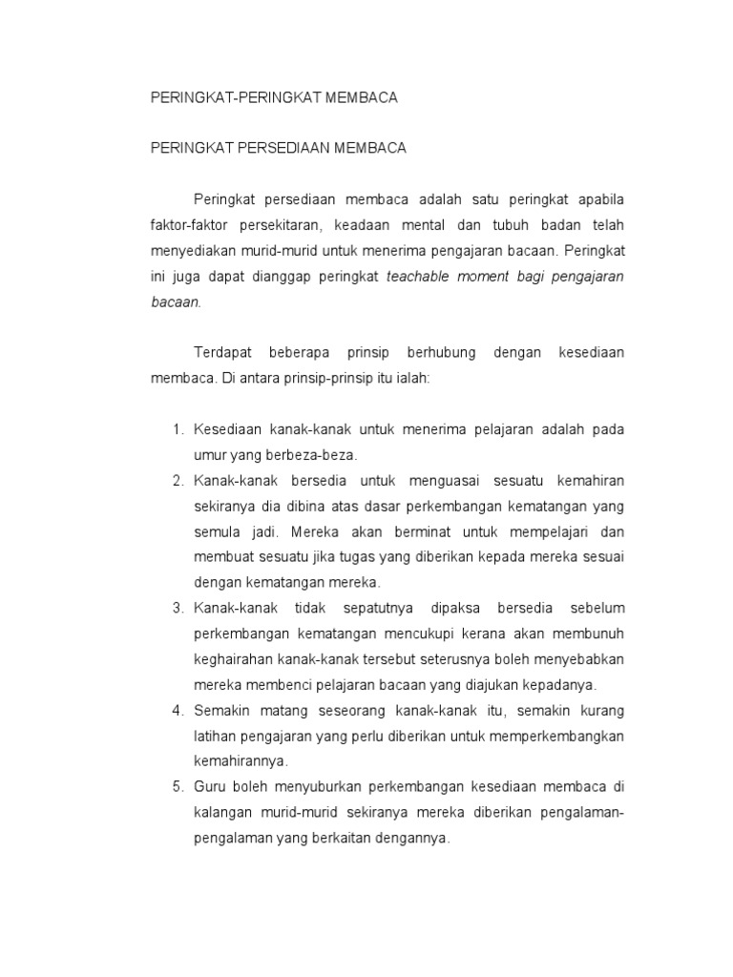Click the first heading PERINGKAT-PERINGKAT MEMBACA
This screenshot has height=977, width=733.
274,98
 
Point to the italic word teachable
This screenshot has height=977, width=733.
421,277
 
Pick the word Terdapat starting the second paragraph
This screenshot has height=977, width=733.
222,353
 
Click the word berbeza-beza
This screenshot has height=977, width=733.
318,455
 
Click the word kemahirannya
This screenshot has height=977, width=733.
240,761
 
